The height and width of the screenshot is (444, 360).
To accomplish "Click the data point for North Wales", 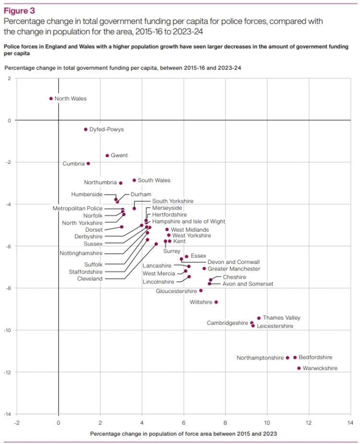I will pos(51,99).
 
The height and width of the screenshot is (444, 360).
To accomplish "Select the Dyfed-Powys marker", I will pos(85,129).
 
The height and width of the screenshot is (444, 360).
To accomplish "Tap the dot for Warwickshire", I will pos(299,368).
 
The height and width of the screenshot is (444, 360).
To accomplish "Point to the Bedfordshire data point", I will pos(295,358).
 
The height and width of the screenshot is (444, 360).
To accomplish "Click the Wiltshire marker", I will pos(216,302).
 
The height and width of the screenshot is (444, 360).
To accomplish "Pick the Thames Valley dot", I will pos(259,318).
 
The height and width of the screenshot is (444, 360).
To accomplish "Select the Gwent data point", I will pos(107,156).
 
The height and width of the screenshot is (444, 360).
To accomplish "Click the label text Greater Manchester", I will pos(234,269).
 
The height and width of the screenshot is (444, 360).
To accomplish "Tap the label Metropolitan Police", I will pos(77,209).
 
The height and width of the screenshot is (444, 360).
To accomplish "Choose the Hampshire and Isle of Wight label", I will pos(188,222).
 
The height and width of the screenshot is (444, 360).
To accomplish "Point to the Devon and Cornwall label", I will pos(234,262).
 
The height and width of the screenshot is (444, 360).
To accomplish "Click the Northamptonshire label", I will pos(260,358).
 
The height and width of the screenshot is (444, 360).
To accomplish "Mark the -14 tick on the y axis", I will pos(9,414).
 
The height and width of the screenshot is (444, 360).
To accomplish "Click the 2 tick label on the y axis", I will pos(10,78).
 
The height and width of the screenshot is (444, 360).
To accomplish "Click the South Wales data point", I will pos(134,180).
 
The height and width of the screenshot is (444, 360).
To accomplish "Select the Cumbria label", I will pos(73,164).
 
